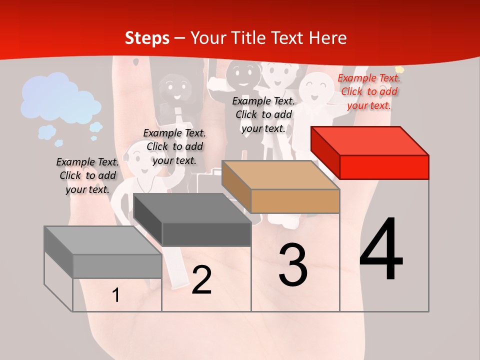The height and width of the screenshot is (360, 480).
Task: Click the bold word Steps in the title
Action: [x=147, y=38]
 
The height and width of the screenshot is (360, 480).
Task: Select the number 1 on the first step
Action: [x=115, y=295]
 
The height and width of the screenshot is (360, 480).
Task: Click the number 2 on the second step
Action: [x=201, y=280]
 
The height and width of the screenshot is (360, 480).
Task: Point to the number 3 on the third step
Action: [x=292, y=264]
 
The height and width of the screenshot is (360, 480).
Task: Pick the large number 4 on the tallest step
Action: [x=381, y=248]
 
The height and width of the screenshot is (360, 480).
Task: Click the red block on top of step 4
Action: [x=370, y=153]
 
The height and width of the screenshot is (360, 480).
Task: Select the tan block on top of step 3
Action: [x=280, y=186]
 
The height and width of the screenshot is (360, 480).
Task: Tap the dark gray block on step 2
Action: [x=192, y=219]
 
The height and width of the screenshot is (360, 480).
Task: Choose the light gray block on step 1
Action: [x=103, y=252]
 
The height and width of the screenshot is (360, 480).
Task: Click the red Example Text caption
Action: [x=369, y=92]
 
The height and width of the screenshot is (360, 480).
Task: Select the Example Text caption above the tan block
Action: [x=263, y=115]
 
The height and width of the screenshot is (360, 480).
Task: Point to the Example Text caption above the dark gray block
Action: [x=174, y=146]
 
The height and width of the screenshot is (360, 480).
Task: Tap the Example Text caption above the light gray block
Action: [x=87, y=175]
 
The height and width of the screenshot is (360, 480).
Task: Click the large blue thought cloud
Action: [x=60, y=98]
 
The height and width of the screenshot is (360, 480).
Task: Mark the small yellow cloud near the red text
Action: [x=399, y=69]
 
